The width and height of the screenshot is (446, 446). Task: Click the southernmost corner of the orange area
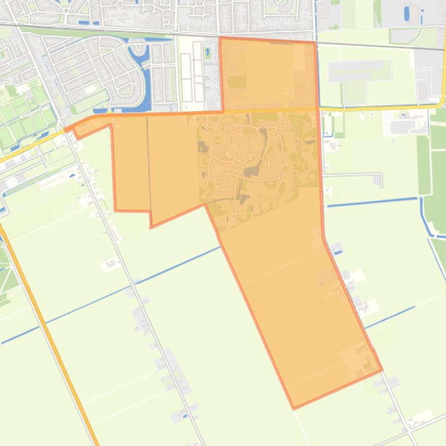[x=294, y=408]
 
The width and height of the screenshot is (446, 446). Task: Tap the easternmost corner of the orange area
[x=381, y=370]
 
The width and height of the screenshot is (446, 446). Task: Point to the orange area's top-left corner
[x=220, y=38]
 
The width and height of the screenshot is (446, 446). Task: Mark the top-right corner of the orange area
[x=314, y=43]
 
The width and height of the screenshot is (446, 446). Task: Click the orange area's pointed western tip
[x=64, y=129]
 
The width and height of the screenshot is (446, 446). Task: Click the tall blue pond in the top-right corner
[x=405, y=12]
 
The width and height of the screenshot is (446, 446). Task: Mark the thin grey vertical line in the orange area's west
[x=148, y=168]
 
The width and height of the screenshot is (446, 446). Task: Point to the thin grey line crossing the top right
[x=377, y=45]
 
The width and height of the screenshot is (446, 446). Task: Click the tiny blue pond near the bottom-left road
[x=184, y=415]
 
